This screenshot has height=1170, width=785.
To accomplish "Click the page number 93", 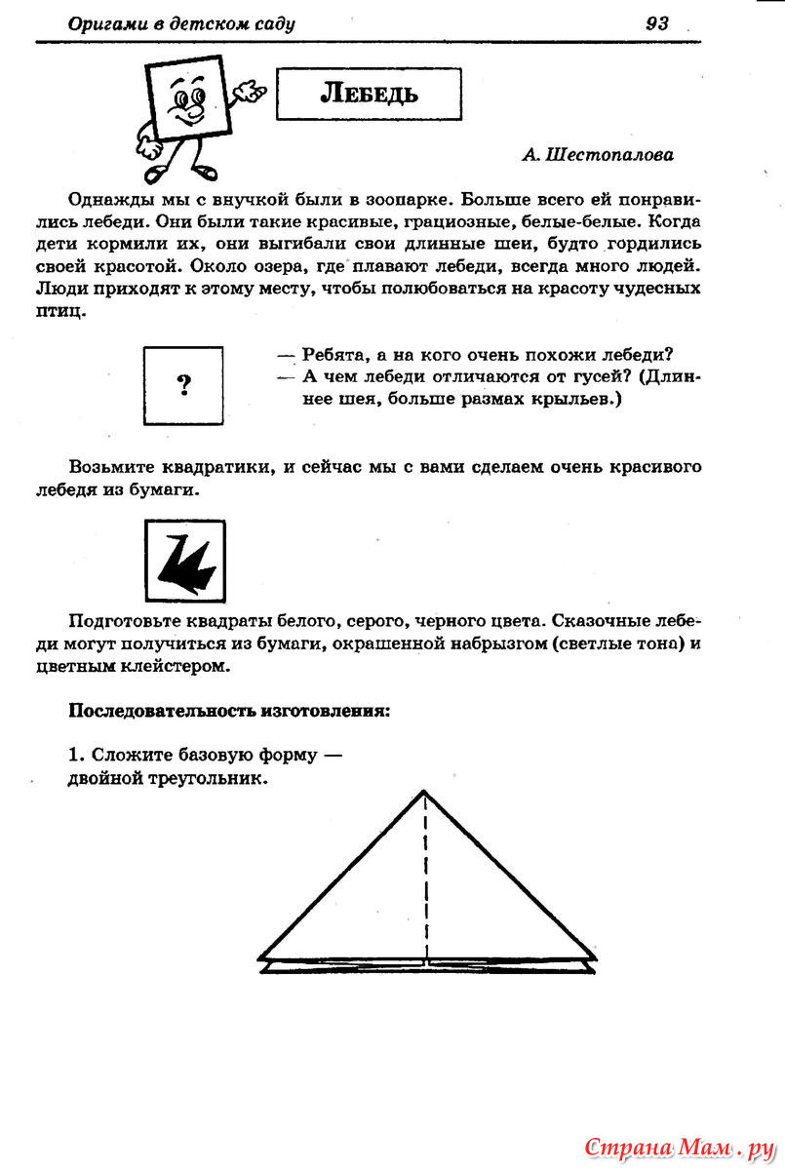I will point(657,24).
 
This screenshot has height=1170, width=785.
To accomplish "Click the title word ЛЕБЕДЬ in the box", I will point(370,94).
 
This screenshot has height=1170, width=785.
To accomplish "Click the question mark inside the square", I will point(183,385).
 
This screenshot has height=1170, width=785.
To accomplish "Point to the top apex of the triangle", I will point(424,791).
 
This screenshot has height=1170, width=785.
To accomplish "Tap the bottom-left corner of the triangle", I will point(260,958).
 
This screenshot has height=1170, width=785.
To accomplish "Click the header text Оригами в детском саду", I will point(181,24).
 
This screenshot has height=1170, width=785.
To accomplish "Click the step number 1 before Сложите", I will point(73,756).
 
